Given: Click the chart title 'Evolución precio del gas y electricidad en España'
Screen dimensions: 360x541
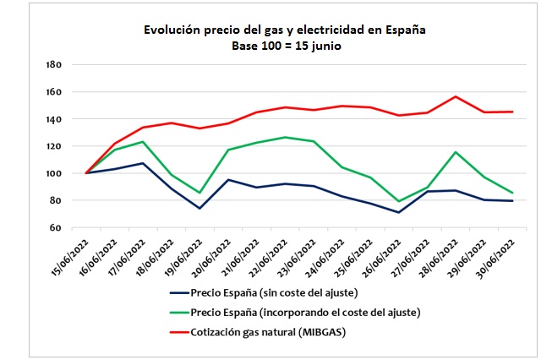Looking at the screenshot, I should click(x=283, y=30).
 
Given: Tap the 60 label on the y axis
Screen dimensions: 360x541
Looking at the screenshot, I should click(x=56, y=228).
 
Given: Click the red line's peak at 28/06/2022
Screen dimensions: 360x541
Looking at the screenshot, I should click(x=456, y=96).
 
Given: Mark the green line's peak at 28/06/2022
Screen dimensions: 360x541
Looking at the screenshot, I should click(x=456, y=152).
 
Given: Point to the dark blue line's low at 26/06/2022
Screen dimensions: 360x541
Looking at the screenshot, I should click(x=399, y=212).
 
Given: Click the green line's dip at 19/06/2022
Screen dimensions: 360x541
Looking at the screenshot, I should click(x=199, y=193).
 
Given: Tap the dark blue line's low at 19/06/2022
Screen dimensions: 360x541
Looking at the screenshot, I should click(x=199, y=208).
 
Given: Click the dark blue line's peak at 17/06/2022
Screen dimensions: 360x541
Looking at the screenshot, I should click(x=144, y=163).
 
